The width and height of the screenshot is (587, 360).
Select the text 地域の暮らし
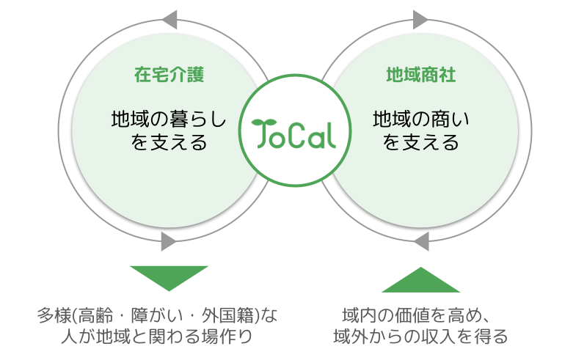[169, 118]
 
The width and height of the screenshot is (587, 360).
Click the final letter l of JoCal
[331, 133]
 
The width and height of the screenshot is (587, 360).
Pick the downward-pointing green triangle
[169, 278]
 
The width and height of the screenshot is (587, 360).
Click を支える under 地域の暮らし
[169, 141]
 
